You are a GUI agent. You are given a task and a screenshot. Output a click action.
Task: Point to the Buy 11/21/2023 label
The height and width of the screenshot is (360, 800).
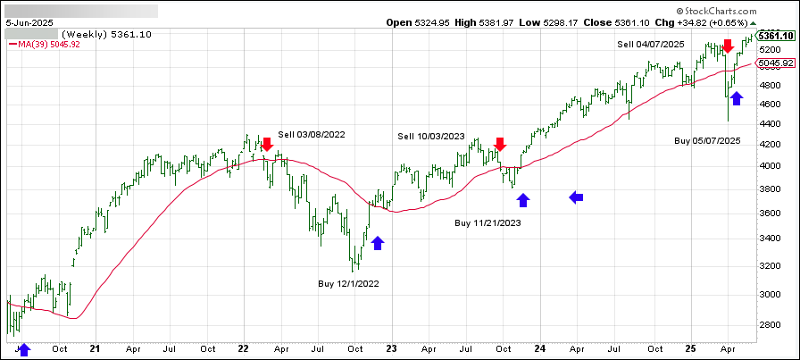[x=488, y=222]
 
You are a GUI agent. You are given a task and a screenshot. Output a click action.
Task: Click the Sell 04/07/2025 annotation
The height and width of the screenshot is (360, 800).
[x=651, y=43]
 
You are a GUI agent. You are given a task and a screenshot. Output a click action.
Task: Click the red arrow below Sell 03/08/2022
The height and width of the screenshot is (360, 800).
[x=265, y=145]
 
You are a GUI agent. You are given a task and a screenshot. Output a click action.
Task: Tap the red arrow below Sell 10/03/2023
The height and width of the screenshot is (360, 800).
[x=500, y=144]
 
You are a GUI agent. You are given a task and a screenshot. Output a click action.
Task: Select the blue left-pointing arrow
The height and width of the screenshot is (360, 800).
[x=577, y=197]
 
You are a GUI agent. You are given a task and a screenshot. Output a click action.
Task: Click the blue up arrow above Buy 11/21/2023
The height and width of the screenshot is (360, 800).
[x=523, y=201]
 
